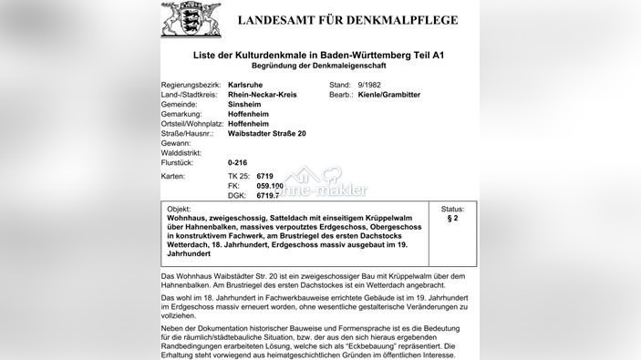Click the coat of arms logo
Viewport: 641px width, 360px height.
point(191,18)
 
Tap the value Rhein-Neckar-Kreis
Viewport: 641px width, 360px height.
point(264,94)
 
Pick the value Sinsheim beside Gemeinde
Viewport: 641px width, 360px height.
point(244,104)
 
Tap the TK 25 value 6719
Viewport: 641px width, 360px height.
point(264,174)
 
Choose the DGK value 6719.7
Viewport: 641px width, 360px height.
point(267,195)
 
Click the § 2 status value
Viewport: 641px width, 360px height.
point(453,219)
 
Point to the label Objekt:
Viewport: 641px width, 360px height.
point(179,209)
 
